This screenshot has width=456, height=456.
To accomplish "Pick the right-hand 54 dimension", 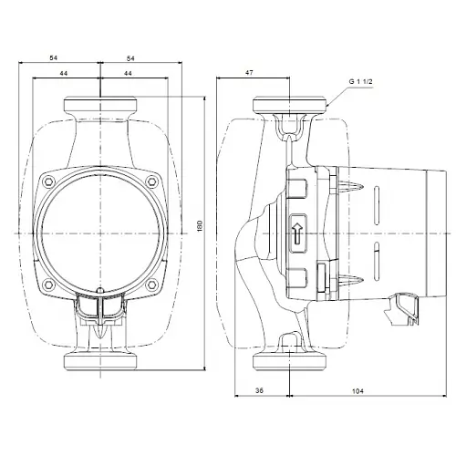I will [142, 57].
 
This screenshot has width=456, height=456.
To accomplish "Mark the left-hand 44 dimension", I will [63, 73].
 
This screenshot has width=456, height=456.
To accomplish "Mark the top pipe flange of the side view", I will [293, 106].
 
